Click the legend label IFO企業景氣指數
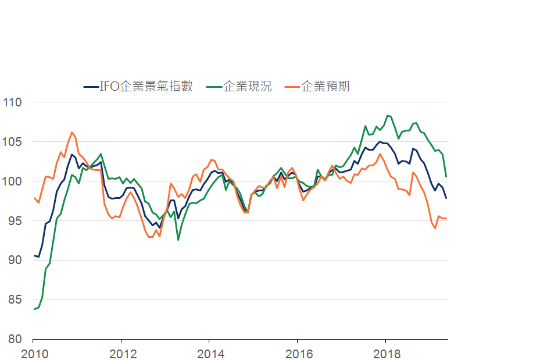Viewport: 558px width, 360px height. tap(146, 87)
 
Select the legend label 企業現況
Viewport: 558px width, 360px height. tap(247, 87)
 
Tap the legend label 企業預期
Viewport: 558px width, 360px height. tap(325, 87)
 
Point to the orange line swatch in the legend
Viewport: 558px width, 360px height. tap(293, 87)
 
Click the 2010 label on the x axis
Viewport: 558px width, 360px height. tap(33, 354)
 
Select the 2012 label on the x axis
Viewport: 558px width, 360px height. tap(121, 354)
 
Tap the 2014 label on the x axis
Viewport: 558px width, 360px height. tap(209, 354)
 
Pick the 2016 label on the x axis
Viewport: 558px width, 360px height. tap(297, 354)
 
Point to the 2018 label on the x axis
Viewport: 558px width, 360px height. tap(385, 354)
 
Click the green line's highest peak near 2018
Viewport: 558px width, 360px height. tap(388, 116)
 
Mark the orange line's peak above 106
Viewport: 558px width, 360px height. tap(71, 132)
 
